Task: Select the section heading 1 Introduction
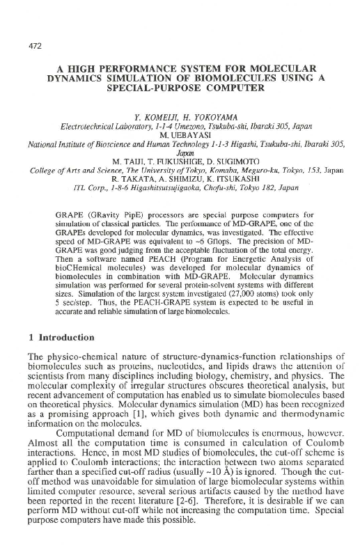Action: click(x=58, y=338)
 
